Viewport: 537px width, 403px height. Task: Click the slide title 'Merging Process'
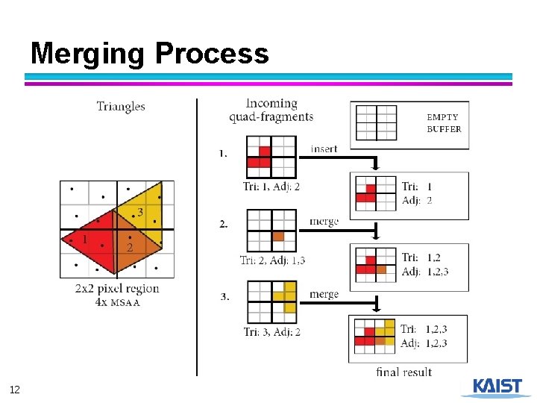pyautogui.click(x=149, y=54)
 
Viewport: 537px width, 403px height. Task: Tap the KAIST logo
pyautogui.click(x=496, y=387)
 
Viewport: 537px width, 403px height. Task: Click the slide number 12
pyautogui.click(x=15, y=390)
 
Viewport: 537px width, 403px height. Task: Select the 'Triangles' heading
pyautogui.click(x=121, y=107)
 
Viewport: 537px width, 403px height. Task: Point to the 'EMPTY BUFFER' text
pyautogui.click(x=444, y=123)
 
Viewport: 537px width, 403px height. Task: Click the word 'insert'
pyautogui.click(x=324, y=149)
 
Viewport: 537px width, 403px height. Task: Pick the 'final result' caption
pyautogui.click(x=404, y=372)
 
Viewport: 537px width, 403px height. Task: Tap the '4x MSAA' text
pyautogui.click(x=118, y=302)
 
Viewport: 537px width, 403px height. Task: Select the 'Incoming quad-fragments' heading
pyautogui.click(x=271, y=110)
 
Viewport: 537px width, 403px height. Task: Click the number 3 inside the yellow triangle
pyautogui.click(x=139, y=213)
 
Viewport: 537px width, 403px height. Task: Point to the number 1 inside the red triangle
pyautogui.click(x=84, y=240)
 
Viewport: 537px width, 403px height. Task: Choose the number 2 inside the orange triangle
pyautogui.click(x=129, y=247)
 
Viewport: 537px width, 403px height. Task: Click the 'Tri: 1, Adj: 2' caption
pyautogui.click(x=271, y=187)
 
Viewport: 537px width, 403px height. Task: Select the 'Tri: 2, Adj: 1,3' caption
pyautogui.click(x=272, y=260)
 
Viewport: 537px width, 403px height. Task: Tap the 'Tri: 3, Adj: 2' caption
pyautogui.click(x=272, y=331)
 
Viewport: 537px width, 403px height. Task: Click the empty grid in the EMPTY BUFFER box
pyautogui.click(x=376, y=122)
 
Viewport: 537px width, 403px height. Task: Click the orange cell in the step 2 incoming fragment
pyautogui.click(x=278, y=236)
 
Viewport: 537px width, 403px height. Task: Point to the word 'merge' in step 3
pyautogui.click(x=324, y=294)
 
